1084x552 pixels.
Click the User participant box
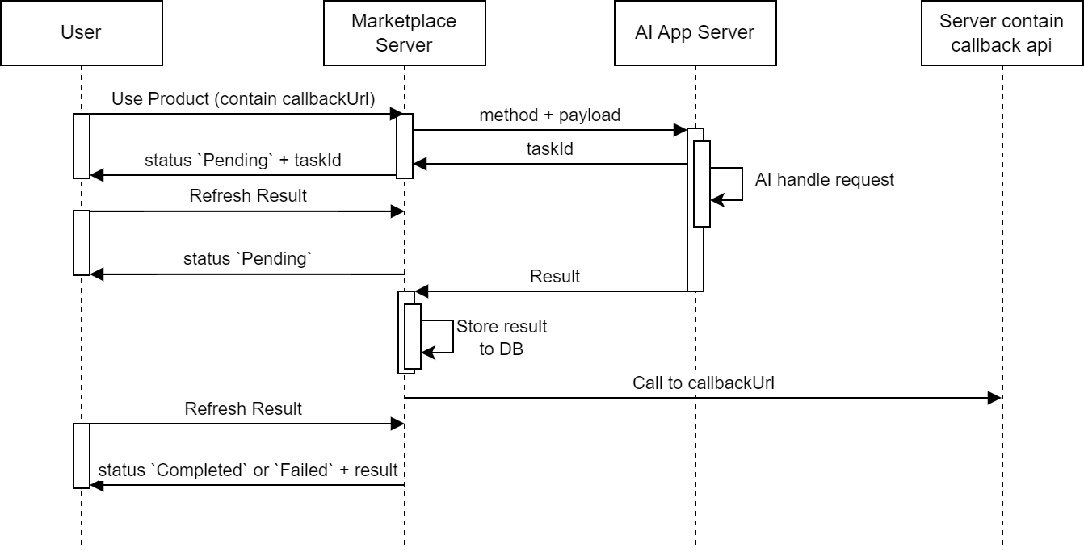[x=81, y=33]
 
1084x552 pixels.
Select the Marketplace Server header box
[x=404, y=33]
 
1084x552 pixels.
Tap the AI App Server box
[x=695, y=33]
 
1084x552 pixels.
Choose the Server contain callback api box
[x=1002, y=33]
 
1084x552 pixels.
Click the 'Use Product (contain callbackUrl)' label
[x=243, y=99]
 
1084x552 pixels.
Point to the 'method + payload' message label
[x=550, y=115]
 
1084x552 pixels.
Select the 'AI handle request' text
[x=825, y=180]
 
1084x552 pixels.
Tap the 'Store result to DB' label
[x=502, y=338]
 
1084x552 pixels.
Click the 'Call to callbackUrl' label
[x=704, y=383]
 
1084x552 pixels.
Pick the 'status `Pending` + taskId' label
[x=243, y=161]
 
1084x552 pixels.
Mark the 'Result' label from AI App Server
[x=555, y=277]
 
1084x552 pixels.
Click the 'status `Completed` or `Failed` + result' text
[x=248, y=470]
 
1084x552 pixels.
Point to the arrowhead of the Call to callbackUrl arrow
[x=995, y=398]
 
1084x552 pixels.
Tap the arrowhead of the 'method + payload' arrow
[x=680, y=130]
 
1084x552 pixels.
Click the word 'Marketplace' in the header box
[x=404, y=22]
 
